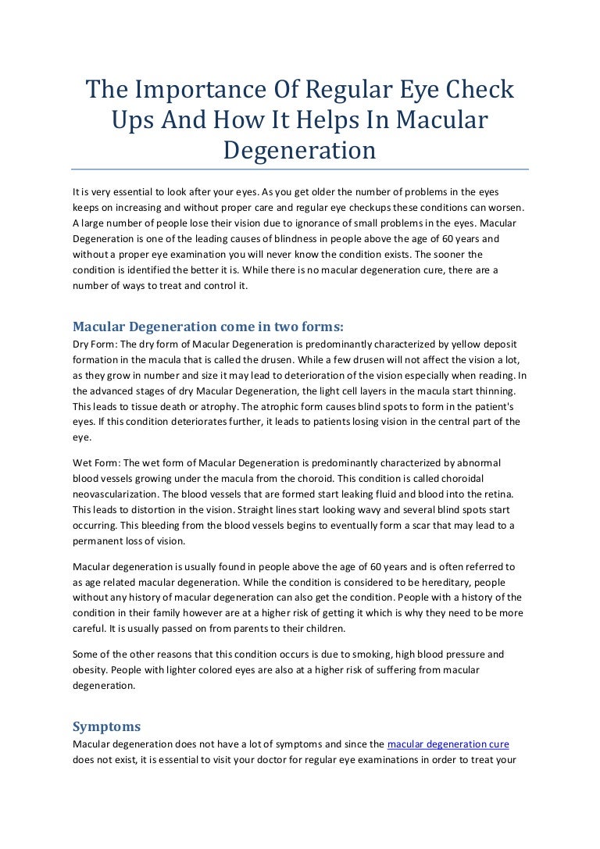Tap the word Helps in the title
tap(343, 120)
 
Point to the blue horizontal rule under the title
tap(300, 169)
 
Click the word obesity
tap(90, 669)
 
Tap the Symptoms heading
tap(106, 726)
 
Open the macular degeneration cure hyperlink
tap(448, 744)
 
